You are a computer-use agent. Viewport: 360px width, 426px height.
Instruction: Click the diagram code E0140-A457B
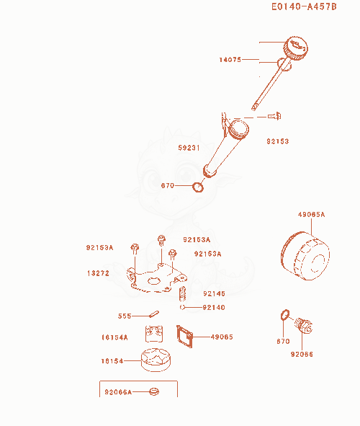[x=304, y=6]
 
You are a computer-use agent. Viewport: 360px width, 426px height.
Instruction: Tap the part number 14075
[x=230, y=60]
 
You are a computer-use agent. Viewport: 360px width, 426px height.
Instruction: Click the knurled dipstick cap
[x=296, y=48]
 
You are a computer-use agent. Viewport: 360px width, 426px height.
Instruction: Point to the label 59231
[x=189, y=148]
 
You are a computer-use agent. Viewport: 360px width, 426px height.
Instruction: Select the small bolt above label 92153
[x=274, y=116]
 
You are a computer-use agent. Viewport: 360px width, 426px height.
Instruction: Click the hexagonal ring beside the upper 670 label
[x=198, y=187]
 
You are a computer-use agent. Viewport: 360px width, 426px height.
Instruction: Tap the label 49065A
[x=311, y=214]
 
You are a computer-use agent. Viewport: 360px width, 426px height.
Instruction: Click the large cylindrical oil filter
[x=305, y=256]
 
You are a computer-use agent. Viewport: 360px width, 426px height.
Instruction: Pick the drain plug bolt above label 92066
[x=304, y=325]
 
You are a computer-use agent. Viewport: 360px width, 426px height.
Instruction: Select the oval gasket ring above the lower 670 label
[x=285, y=314]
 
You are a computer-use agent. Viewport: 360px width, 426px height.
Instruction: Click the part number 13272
[x=98, y=273]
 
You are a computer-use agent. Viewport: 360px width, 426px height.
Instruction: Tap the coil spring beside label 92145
[x=183, y=293]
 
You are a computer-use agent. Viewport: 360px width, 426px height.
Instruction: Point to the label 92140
[x=214, y=307]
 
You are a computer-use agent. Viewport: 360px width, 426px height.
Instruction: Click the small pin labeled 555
[x=154, y=314]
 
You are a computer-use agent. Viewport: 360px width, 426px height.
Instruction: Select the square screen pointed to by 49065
[x=184, y=337]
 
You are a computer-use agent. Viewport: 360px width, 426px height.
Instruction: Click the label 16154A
[x=114, y=337]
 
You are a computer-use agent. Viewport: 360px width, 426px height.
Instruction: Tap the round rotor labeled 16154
[x=156, y=360]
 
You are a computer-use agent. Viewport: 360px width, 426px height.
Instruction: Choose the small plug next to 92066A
[x=154, y=392]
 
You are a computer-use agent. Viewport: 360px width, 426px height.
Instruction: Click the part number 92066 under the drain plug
[x=302, y=354]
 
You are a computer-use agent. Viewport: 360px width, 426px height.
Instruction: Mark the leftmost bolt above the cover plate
[x=135, y=249]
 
